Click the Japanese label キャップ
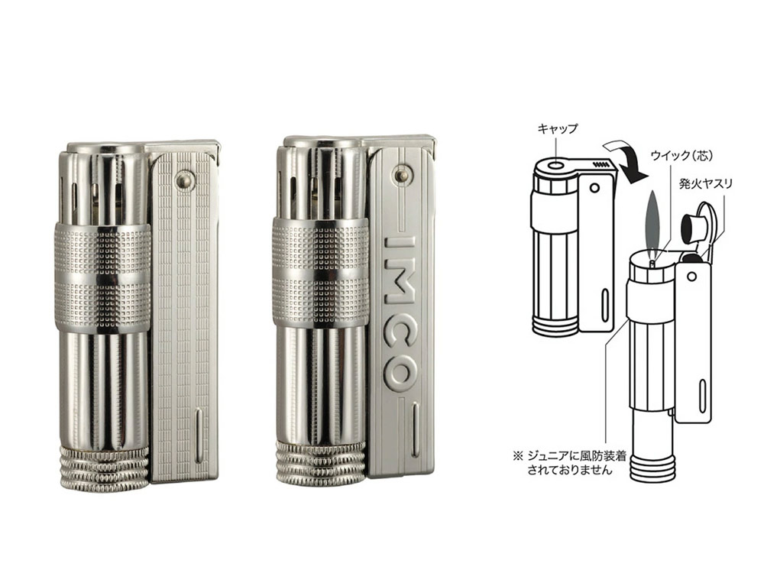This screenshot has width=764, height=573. (x=558, y=128)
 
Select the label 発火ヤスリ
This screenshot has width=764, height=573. (x=706, y=183)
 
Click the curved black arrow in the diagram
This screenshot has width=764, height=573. (x=629, y=160)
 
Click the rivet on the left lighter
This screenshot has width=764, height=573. (x=183, y=179)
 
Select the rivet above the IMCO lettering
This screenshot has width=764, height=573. (x=402, y=173)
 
